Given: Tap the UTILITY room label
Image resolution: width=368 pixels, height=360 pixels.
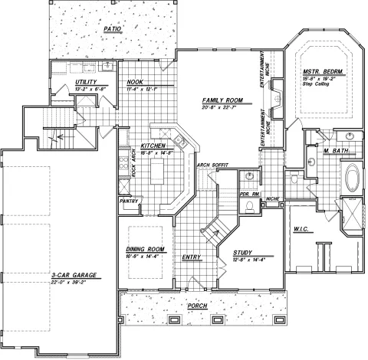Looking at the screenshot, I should click(85, 81).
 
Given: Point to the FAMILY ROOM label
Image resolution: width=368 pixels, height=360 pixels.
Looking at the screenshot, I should click(222, 100).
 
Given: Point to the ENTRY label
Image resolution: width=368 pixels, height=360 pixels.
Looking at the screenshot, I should click(192, 257).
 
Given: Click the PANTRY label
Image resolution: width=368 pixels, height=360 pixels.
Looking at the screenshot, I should click(128, 201).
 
